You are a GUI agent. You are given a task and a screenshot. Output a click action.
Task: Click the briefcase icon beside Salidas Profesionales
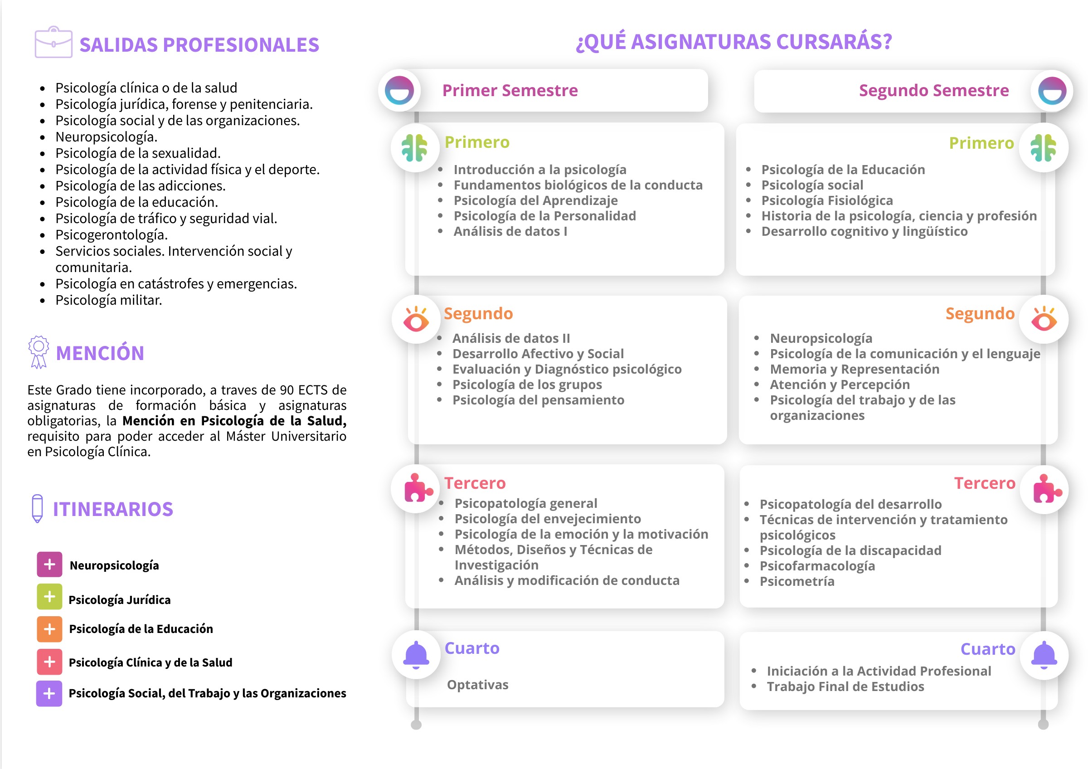[53, 43]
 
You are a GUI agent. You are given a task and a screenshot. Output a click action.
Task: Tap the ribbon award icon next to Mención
[39, 351]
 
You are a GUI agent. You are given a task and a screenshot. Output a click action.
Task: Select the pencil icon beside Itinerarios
[37, 508]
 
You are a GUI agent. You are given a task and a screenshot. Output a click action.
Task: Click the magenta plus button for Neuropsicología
[49, 565]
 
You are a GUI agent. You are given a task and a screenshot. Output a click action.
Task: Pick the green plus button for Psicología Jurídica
[49, 597]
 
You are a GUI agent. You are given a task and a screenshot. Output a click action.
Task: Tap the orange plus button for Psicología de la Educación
[49, 629]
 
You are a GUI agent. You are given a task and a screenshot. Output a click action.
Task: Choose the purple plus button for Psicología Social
[49, 693]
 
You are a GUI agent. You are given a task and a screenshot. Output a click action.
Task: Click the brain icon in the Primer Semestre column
[415, 148]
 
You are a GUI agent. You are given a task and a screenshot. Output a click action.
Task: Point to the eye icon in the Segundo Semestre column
[1044, 319]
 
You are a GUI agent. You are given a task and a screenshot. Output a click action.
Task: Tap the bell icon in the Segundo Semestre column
[1044, 655]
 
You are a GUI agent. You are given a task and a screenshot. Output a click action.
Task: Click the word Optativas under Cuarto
[477, 685]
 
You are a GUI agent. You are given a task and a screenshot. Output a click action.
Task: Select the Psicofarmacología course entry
[817, 566]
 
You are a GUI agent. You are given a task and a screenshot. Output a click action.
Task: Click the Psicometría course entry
[797, 581]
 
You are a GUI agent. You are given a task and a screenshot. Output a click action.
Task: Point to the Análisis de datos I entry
[510, 231]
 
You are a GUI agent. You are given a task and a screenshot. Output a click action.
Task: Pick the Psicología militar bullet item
[108, 300]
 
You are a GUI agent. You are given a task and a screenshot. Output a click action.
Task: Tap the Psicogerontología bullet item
[112, 234]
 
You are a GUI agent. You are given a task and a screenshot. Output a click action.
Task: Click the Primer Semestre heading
[510, 90]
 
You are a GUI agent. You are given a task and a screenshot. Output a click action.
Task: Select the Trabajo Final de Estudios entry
[845, 686]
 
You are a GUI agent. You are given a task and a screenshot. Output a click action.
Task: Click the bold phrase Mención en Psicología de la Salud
[234, 421]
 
